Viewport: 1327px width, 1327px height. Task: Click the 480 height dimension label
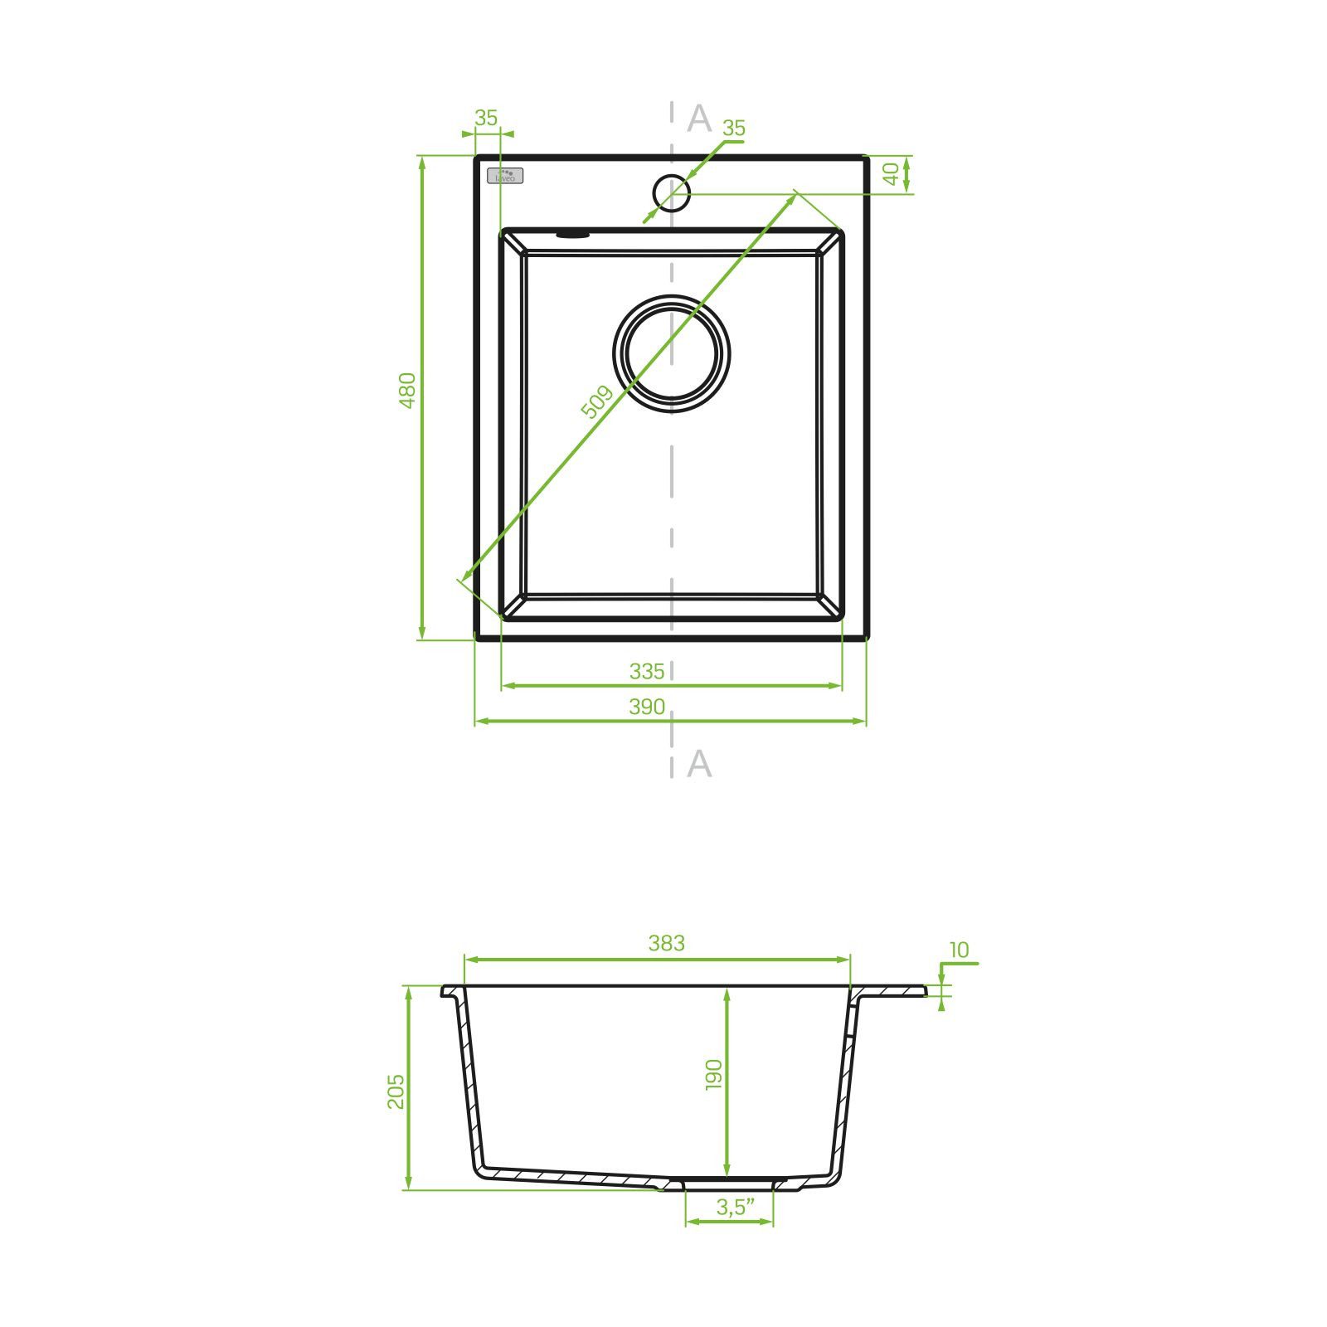pyautogui.click(x=406, y=390)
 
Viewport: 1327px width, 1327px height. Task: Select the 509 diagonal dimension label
pyautogui.click(x=596, y=402)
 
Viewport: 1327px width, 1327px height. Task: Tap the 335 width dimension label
pyautogui.click(x=647, y=671)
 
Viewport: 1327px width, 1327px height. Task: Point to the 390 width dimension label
pyautogui.click(x=647, y=707)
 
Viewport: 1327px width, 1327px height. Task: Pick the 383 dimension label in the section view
pyautogui.click(x=667, y=943)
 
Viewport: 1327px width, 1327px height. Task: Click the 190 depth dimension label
pyautogui.click(x=714, y=1074)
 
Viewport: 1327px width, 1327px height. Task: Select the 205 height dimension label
pyautogui.click(x=396, y=1091)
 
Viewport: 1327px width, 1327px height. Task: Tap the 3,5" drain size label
pyautogui.click(x=730, y=1207)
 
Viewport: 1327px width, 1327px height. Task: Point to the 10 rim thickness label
pyautogui.click(x=959, y=950)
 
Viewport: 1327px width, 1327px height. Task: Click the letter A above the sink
pyautogui.click(x=699, y=119)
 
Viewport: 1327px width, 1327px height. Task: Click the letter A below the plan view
pyautogui.click(x=699, y=763)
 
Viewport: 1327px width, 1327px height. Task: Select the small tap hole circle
pyautogui.click(x=671, y=193)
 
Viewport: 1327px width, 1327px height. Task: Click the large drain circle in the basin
pyautogui.click(x=672, y=354)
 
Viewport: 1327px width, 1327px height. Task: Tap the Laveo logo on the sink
pyautogui.click(x=505, y=176)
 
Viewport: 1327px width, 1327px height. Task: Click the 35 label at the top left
pyautogui.click(x=486, y=119)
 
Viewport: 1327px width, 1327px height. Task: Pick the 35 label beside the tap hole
pyautogui.click(x=734, y=129)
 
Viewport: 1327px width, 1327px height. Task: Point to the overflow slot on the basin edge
pyautogui.click(x=572, y=235)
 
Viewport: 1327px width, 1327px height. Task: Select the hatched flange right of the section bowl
pyautogui.click(x=892, y=991)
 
